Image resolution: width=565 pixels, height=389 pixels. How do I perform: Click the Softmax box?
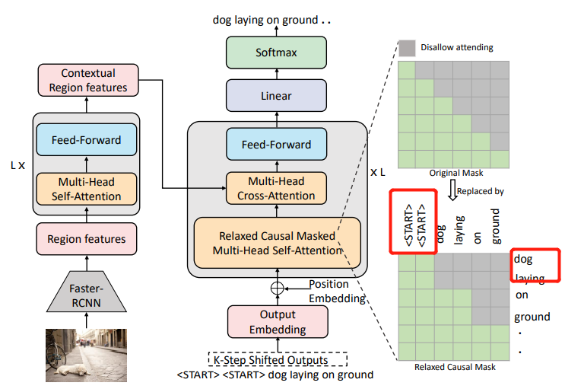tap(276, 53)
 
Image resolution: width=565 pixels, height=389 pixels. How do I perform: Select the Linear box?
tap(276, 96)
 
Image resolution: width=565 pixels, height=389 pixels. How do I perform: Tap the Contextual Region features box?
tap(88, 81)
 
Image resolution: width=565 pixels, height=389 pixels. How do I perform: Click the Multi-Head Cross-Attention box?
tap(276, 187)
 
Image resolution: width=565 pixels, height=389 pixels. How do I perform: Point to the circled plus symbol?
tap(276, 289)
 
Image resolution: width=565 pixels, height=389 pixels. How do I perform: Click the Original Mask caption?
tap(453, 174)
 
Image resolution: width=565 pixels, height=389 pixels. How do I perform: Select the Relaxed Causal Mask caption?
tap(453, 368)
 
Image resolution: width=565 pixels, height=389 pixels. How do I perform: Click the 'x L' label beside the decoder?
tap(378, 172)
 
